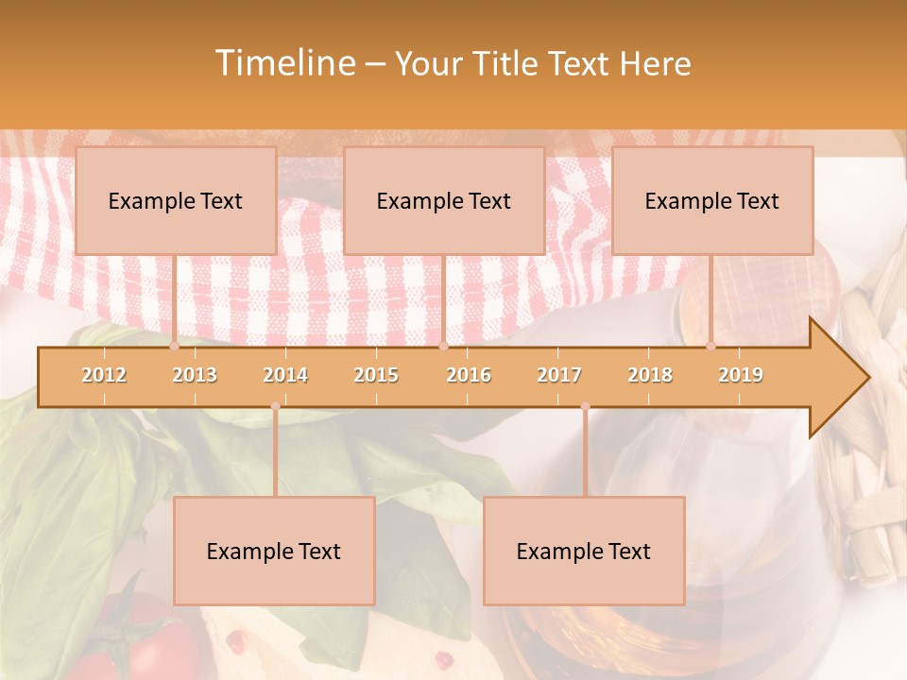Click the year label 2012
(x=104, y=375)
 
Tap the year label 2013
(x=195, y=375)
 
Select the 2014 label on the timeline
(x=285, y=375)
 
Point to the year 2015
(x=376, y=375)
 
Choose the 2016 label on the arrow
(x=469, y=375)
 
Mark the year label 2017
(x=559, y=375)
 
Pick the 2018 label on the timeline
(x=650, y=375)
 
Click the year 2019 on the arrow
(x=741, y=375)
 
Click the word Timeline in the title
(x=283, y=63)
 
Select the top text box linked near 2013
(x=176, y=200)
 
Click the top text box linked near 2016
(x=444, y=200)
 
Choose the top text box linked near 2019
(x=712, y=200)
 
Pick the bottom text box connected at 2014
(x=274, y=551)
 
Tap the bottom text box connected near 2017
(x=584, y=551)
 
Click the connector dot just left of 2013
(x=175, y=346)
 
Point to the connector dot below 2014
(x=275, y=406)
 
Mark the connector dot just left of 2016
(x=443, y=346)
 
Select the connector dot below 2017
(x=585, y=406)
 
